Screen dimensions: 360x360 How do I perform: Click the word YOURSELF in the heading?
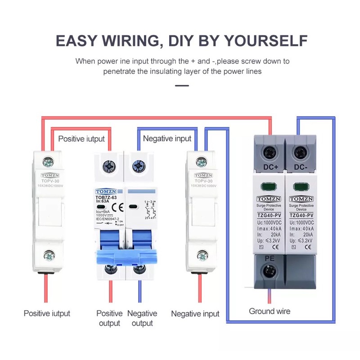[265, 40]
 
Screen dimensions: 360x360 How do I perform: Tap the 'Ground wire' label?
[270, 311]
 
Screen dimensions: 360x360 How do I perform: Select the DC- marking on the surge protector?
[301, 168]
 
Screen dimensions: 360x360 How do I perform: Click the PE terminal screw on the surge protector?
[270, 271]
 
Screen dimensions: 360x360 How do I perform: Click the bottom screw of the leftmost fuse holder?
[48, 256]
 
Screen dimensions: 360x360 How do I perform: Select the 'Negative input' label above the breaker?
[167, 139]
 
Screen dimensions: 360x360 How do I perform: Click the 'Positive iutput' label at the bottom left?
[47, 313]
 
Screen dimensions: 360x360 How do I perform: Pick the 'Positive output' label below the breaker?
[109, 318]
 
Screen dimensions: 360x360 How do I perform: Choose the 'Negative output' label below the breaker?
[142, 318]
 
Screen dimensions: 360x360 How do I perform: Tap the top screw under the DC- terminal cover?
[300, 152]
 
